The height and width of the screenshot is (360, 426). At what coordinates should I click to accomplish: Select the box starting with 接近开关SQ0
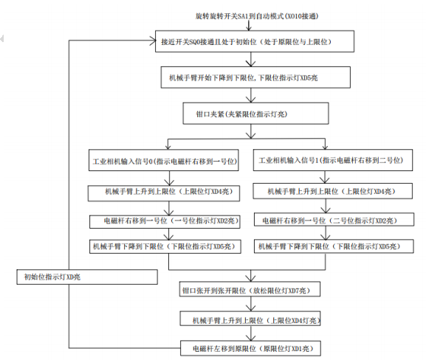click(256, 42)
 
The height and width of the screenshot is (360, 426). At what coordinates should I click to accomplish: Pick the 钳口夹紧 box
click(257, 113)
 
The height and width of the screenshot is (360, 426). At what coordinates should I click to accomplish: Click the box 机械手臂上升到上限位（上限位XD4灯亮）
click(253, 319)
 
